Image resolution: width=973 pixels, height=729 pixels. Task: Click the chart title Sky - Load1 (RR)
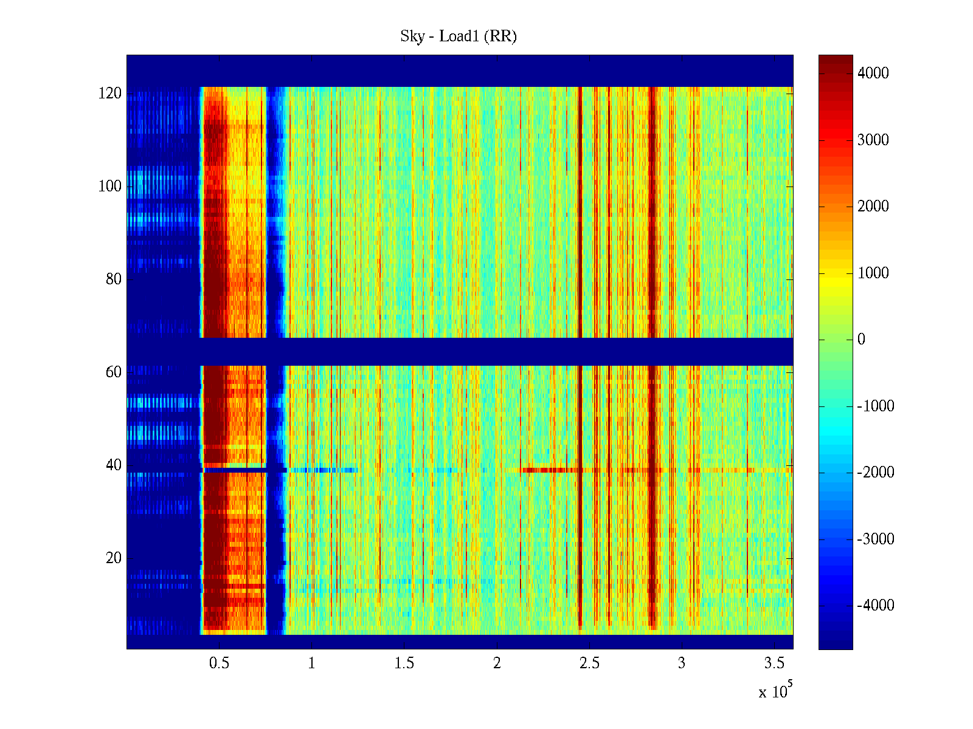[x=459, y=36]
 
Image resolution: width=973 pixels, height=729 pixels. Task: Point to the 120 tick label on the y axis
[x=110, y=94]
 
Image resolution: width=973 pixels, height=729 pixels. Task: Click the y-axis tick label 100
[x=110, y=187]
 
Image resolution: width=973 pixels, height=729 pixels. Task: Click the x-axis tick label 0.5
[x=219, y=663]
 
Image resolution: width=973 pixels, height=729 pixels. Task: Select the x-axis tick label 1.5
[x=404, y=663]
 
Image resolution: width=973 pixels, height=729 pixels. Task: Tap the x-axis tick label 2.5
[x=589, y=663]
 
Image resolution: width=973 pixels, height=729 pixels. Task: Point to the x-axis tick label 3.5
[x=774, y=663]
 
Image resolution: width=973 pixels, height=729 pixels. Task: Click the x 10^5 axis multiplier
[x=775, y=691]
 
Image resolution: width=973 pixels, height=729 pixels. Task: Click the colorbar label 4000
[x=873, y=74]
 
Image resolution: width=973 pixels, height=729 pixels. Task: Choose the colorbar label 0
[x=861, y=340]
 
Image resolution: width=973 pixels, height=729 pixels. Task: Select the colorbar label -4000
[x=875, y=606]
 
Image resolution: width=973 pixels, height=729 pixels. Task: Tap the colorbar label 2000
[x=873, y=207]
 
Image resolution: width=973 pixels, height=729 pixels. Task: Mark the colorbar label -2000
[x=875, y=473]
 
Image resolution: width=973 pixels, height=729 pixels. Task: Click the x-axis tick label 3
[x=682, y=663]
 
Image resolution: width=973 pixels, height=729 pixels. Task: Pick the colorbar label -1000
[x=875, y=406]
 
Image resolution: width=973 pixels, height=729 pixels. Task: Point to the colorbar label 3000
[x=873, y=140]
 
